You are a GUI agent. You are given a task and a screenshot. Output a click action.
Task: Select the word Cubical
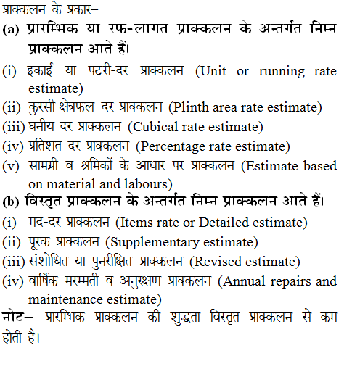click(x=151, y=125)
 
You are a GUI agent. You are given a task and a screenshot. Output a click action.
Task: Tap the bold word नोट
click(x=15, y=317)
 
